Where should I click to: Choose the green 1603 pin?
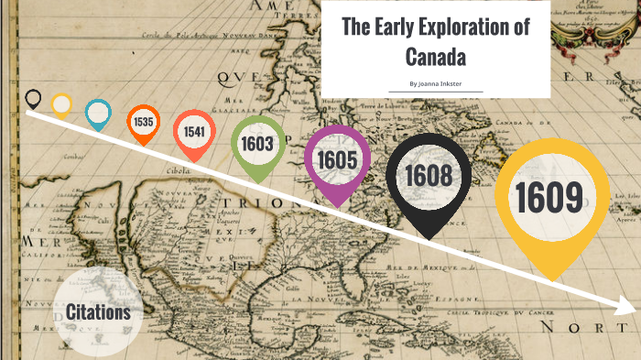[x=258, y=144]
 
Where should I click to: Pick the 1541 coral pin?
[x=193, y=131]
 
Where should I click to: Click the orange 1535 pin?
[x=143, y=122]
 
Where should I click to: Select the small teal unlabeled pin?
[x=97, y=113]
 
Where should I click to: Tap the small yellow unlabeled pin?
[x=61, y=104]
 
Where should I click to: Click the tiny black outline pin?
[x=34, y=97]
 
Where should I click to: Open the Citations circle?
[x=98, y=313]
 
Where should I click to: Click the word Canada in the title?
[x=435, y=57]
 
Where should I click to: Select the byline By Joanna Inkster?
[x=435, y=83]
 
